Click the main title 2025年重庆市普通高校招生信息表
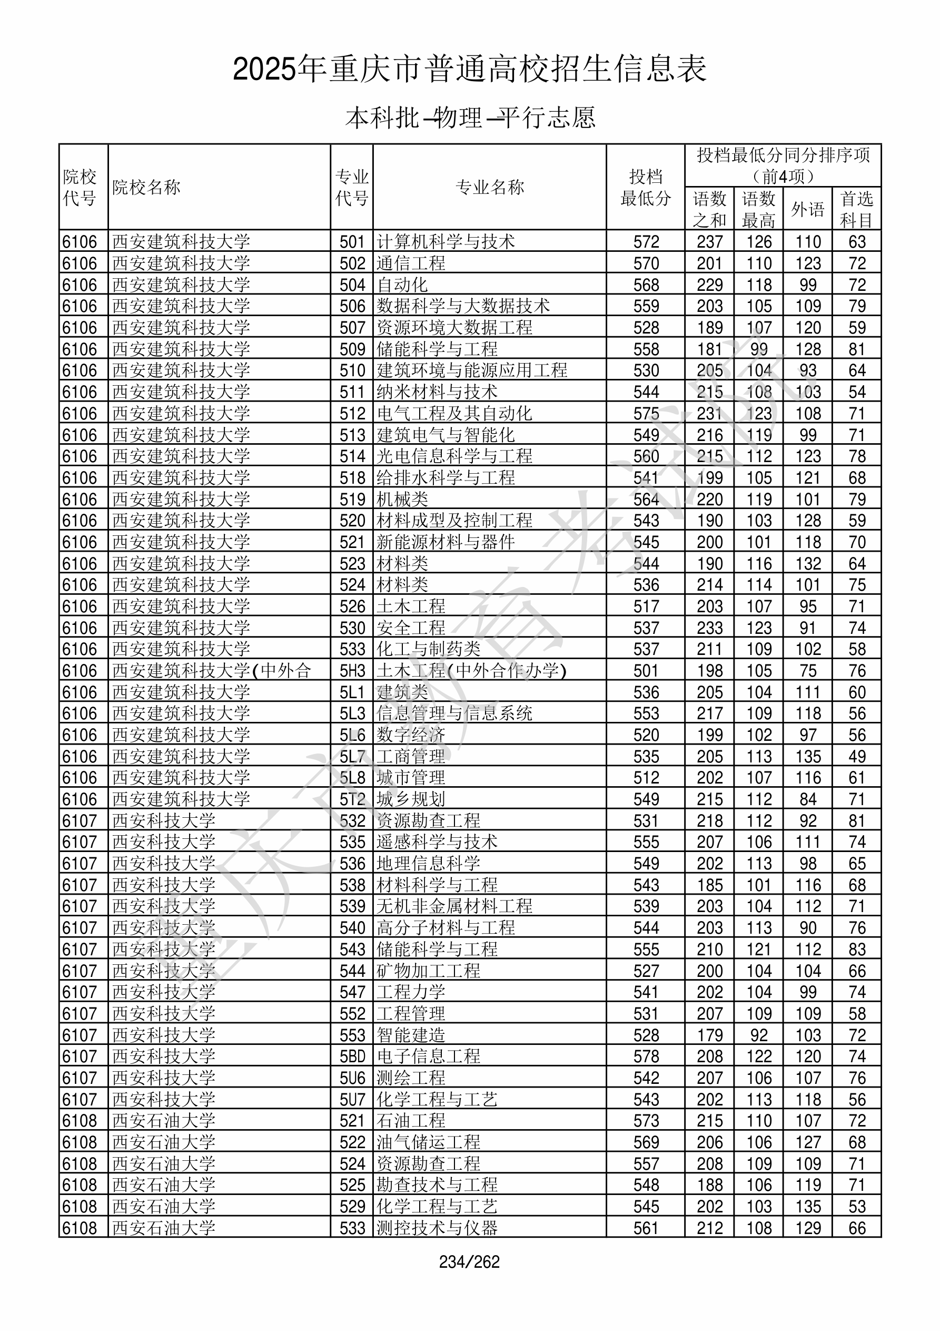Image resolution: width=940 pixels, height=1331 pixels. click(469, 70)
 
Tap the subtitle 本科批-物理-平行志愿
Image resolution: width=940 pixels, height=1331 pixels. click(470, 118)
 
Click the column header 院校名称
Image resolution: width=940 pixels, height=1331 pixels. click(146, 187)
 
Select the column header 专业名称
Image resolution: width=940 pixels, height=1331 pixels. click(490, 187)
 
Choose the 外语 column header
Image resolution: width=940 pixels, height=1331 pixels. click(807, 209)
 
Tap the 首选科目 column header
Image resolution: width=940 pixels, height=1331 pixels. click(857, 209)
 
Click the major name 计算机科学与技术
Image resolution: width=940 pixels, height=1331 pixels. click(446, 242)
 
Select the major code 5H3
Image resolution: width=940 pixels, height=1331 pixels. click(352, 671)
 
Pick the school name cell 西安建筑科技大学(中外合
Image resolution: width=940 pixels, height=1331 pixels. click(212, 671)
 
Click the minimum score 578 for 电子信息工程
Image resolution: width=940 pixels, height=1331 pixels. click(646, 1056)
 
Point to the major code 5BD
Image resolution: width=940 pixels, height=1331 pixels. click(352, 1056)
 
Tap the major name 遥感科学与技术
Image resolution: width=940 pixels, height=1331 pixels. click(437, 841)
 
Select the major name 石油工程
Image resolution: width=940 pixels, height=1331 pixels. click(411, 1121)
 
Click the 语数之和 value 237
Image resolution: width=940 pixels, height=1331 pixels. click(709, 242)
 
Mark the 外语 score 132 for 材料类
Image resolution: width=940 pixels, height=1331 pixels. click(808, 563)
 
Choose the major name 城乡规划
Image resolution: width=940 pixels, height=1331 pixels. click(411, 799)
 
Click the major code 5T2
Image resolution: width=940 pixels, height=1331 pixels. click(352, 799)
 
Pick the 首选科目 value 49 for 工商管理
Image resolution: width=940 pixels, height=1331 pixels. click(857, 757)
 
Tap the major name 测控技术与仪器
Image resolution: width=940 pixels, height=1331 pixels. click(437, 1228)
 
